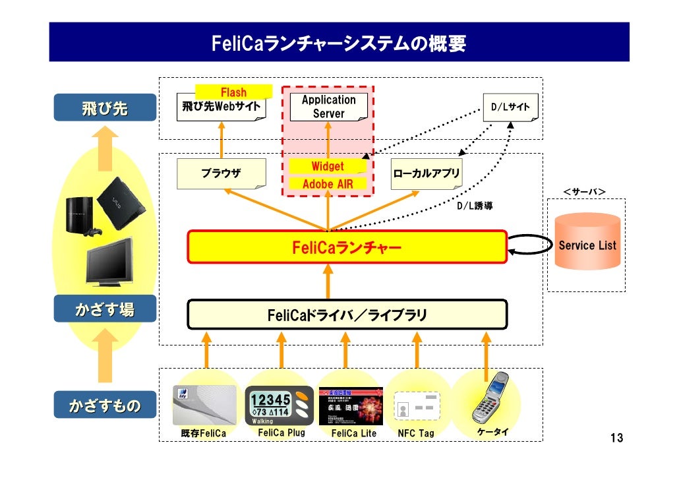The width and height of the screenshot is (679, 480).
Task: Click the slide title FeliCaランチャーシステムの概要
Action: pyautogui.click(x=339, y=44)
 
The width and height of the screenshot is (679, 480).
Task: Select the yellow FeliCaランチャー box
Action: pyautogui.click(x=347, y=247)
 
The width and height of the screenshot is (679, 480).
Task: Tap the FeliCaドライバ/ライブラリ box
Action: pyautogui.click(x=347, y=315)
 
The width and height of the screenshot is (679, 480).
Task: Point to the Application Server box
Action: pyautogui.click(x=328, y=107)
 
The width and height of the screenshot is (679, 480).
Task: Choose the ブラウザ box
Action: pyautogui.click(x=221, y=173)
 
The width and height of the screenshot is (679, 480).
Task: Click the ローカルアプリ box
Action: pyautogui.click(x=426, y=174)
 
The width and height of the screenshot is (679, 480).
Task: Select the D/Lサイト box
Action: pyautogui.click(x=511, y=107)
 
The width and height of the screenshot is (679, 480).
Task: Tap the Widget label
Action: pyautogui.click(x=328, y=166)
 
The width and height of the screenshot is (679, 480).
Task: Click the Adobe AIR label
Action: pyautogui.click(x=328, y=184)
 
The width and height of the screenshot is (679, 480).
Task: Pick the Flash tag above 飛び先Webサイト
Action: pyautogui.click(x=233, y=92)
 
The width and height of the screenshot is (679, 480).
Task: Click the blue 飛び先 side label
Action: pyautogui.click(x=105, y=108)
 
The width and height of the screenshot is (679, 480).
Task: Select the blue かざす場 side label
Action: pyautogui.click(x=105, y=309)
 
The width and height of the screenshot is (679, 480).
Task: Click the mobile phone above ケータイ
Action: pyautogui.click(x=490, y=398)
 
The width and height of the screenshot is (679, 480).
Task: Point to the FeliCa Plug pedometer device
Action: pyautogui.click(x=278, y=405)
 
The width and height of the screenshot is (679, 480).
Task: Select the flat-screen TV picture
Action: pyautogui.click(x=109, y=261)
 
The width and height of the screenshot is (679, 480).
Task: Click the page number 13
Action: pyautogui.click(x=616, y=438)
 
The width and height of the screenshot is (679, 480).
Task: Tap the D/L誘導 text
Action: pyautogui.click(x=475, y=206)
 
